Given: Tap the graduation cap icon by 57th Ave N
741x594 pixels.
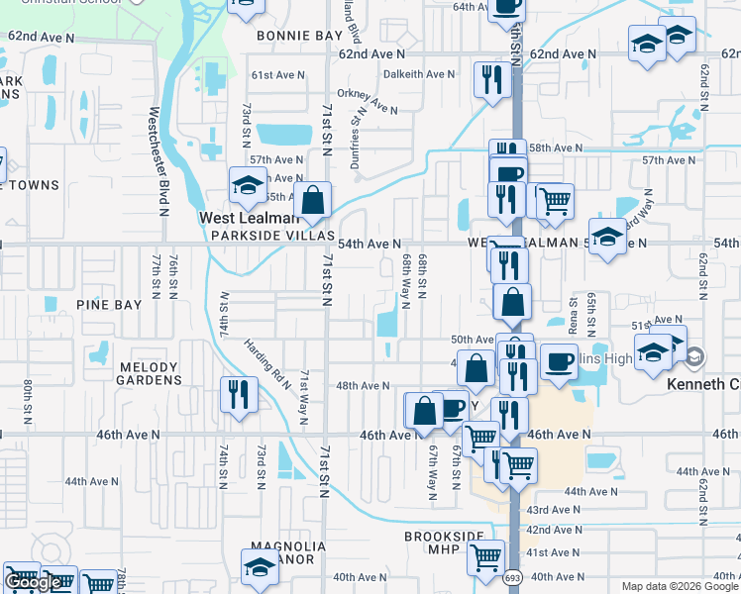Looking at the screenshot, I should (x=247, y=184).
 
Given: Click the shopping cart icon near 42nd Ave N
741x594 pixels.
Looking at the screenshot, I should (x=485, y=558).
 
